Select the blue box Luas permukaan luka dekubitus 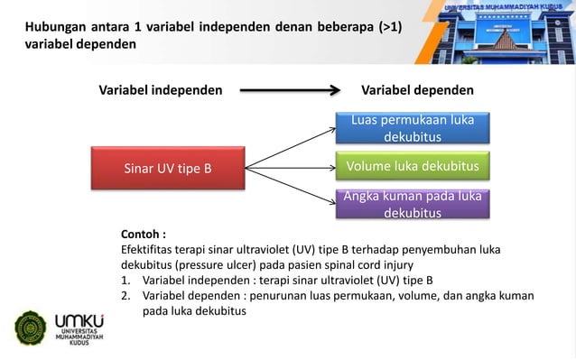(412, 128)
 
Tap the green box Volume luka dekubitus (412, 166)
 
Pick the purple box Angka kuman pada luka (412, 205)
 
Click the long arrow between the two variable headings (289, 90)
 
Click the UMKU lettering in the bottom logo (79, 321)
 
